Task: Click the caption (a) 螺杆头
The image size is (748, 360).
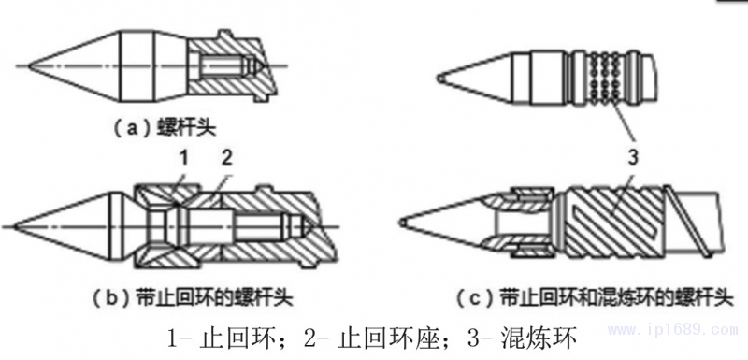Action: point(165,129)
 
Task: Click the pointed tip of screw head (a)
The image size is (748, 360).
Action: point(29,65)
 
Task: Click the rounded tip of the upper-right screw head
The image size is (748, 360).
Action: point(439,79)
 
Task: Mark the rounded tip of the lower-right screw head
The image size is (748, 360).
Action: point(402,223)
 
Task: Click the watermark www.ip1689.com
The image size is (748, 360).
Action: point(673,329)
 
